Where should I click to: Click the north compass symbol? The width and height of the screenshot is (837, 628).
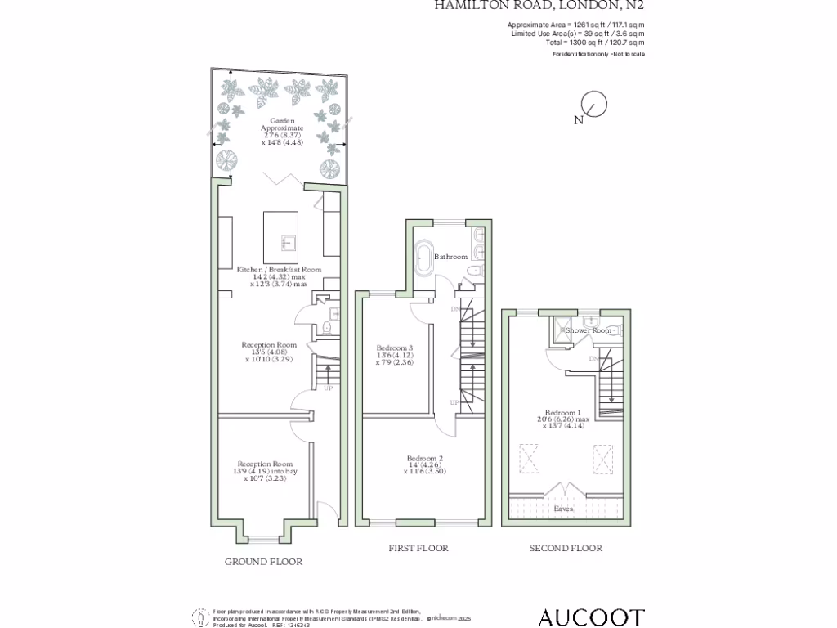[593, 105]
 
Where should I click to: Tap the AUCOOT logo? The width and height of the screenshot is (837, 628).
[591, 617]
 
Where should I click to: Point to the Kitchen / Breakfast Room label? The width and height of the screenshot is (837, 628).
[279, 269]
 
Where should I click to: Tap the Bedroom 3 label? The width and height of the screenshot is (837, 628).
[395, 349]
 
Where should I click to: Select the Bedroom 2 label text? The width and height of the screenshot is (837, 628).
[425, 459]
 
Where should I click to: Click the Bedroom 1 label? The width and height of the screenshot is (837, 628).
[566, 414]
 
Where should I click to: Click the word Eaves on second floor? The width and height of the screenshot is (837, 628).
[563, 509]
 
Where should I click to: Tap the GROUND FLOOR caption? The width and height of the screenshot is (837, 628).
[263, 562]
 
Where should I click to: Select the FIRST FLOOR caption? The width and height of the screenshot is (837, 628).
[418, 548]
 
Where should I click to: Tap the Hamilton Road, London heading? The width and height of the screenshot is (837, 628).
[544, 6]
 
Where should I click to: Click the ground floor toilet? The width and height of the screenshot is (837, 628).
[327, 328]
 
